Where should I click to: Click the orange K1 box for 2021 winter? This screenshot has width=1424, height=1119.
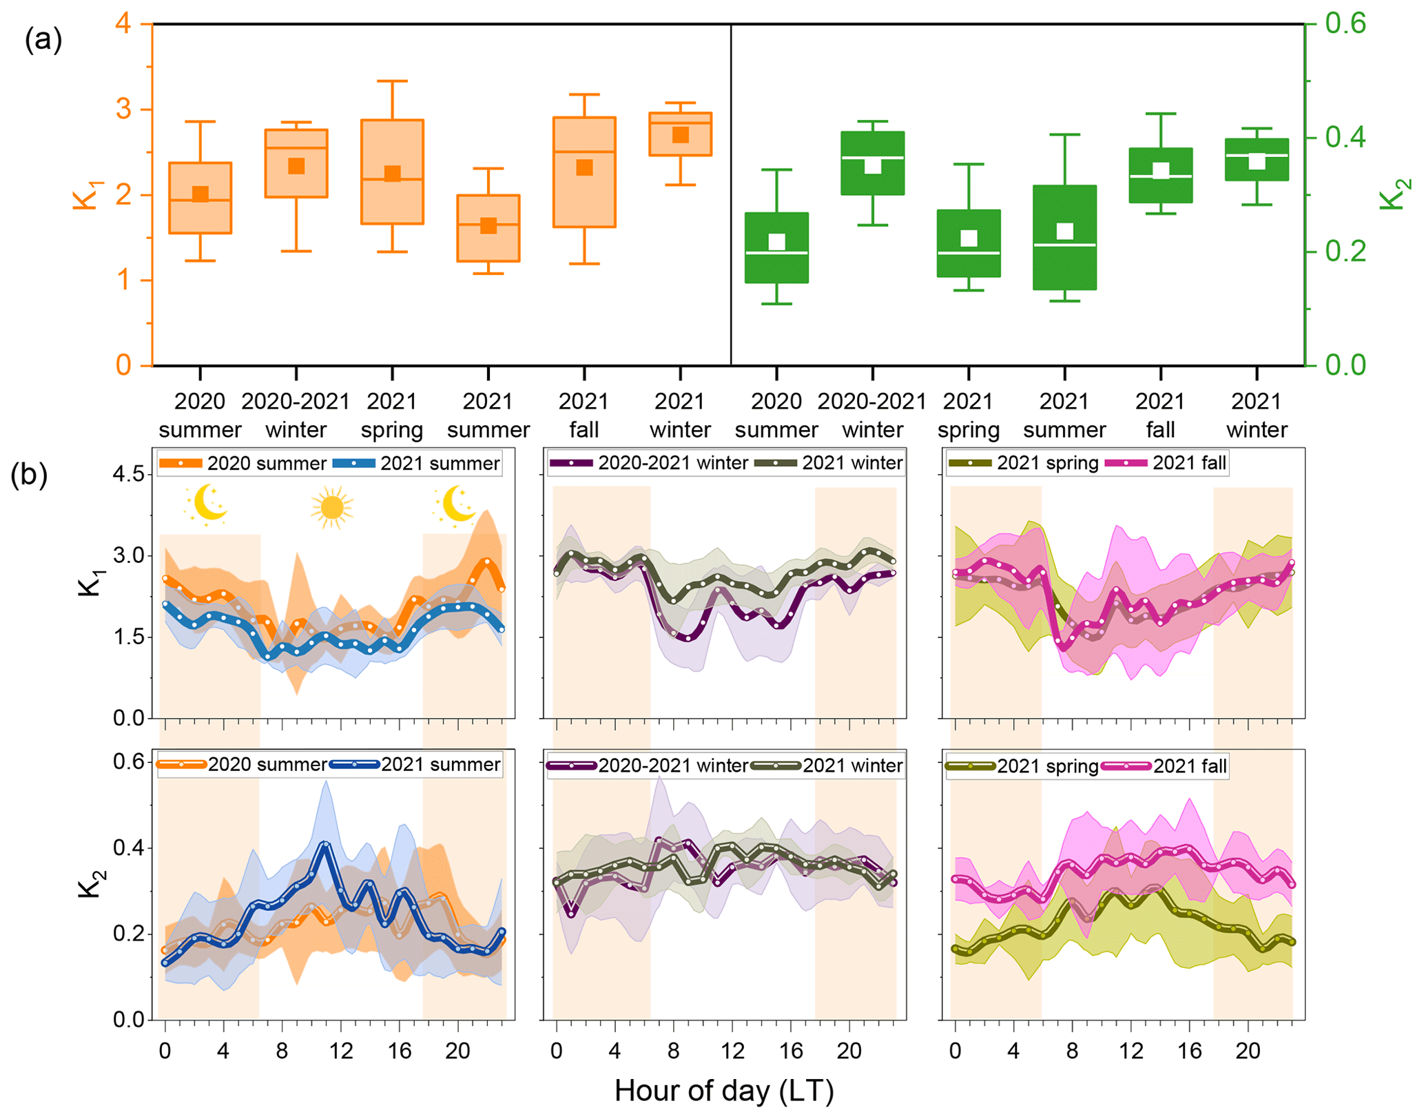680,134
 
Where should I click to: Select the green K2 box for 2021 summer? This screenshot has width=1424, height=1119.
1064,237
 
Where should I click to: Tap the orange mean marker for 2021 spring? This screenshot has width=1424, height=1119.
392,173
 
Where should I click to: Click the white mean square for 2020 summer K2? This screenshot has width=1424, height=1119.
776,241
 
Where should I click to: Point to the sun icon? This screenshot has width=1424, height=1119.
331,507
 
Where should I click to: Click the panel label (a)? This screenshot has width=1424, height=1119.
43,39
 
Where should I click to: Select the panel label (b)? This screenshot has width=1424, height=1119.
29,474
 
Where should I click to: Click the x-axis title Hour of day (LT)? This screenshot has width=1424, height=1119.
723,1090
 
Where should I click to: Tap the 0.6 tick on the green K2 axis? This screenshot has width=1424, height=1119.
1345,23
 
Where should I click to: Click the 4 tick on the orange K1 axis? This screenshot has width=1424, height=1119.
123,23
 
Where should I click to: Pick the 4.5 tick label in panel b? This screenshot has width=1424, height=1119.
129,474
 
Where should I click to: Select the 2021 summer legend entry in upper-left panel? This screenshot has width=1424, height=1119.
417,463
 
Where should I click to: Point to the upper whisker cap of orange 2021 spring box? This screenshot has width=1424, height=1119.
392,81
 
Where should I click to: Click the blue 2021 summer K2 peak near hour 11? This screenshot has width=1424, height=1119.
325,843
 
